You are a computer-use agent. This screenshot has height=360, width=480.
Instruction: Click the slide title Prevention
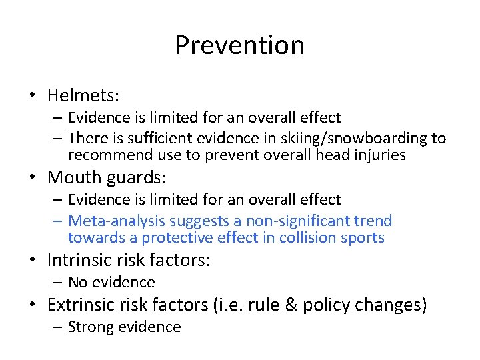point(240,45)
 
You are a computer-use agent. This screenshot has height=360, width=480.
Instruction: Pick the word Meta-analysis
point(117,221)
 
